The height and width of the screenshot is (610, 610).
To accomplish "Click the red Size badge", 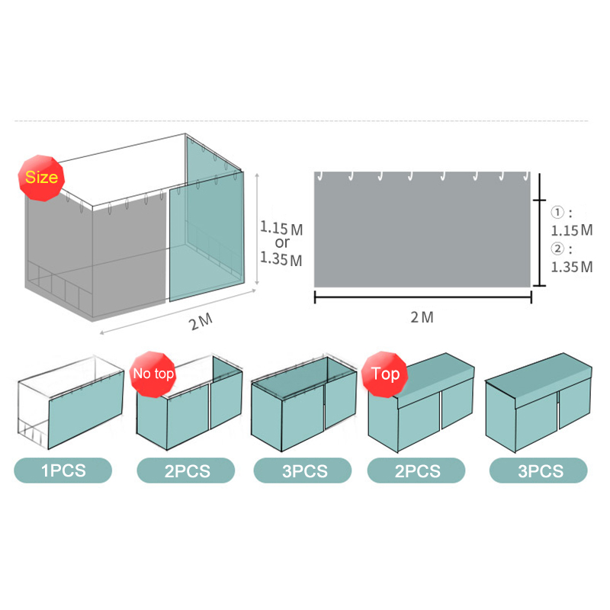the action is click(41, 178).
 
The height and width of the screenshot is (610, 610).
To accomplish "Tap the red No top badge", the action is click(153, 374).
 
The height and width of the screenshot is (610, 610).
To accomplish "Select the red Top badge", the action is click(385, 374).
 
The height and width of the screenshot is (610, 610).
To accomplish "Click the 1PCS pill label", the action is click(63, 470).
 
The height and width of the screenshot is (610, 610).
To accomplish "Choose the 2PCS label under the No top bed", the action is click(186, 470).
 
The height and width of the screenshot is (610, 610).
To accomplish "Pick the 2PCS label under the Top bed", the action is click(416, 470).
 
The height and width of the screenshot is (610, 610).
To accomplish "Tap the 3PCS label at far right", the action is click(538, 470).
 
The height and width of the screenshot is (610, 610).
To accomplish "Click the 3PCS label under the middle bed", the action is click(303, 470).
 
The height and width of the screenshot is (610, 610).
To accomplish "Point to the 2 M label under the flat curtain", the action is click(422, 317).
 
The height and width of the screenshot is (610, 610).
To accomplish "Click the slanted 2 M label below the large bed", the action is click(201, 322).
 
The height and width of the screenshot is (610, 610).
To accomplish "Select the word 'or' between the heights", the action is click(282, 242).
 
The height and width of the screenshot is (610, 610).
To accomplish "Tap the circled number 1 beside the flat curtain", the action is click(557, 212).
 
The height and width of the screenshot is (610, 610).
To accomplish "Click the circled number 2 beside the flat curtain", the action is click(557, 249).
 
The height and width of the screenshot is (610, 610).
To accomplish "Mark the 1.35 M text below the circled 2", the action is click(572, 267).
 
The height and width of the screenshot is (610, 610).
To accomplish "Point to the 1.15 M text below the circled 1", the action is click(572, 230).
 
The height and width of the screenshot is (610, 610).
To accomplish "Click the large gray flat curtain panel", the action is click(422, 230).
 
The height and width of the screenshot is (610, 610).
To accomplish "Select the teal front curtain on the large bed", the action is click(207, 237).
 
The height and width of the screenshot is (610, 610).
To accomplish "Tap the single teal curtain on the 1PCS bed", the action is click(86, 409).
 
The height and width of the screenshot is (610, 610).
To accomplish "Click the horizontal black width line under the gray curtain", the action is click(423, 297).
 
